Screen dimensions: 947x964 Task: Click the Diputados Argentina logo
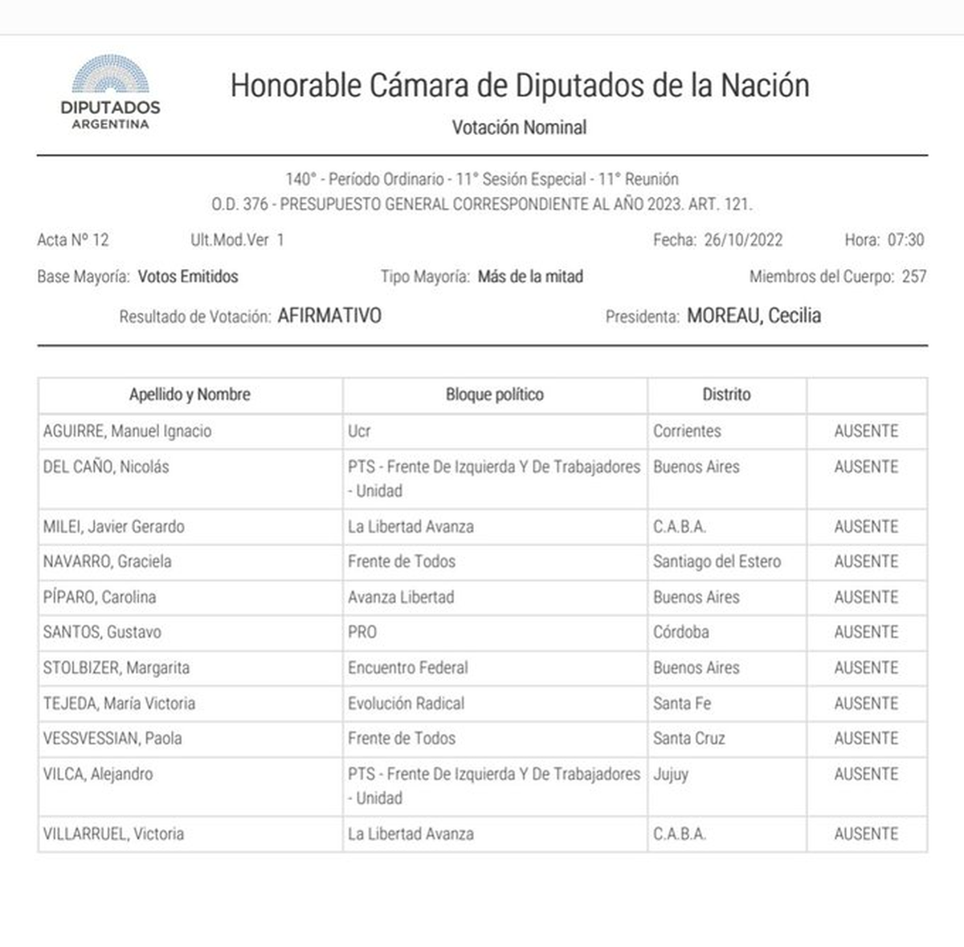(110, 92)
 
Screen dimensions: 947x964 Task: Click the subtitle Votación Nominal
(519, 127)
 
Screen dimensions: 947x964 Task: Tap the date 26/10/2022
(742, 239)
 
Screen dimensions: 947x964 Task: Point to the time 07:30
(905, 239)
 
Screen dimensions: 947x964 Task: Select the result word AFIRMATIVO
(329, 316)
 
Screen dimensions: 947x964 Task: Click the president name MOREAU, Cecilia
(754, 316)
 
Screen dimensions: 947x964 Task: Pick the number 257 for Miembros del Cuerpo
(913, 276)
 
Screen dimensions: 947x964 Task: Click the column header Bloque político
(494, 394)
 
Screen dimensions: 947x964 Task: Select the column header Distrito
(726, 394)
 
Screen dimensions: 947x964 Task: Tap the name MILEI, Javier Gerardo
(113, 527)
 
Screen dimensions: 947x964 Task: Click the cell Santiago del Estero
(717, 561)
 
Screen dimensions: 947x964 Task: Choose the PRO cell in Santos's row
(362, 632)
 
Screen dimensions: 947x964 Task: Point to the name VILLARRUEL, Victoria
(113, 834)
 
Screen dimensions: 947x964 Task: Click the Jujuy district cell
(671, 774)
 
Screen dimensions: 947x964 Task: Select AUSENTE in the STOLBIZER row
(865, 667)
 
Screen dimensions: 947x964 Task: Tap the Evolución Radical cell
(406, 703)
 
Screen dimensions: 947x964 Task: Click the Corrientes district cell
(687, 431)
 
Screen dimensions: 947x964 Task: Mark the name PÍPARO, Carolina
(100, 597)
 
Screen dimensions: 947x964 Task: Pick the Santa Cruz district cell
(688, 738)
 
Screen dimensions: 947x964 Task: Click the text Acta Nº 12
(72, 239)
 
